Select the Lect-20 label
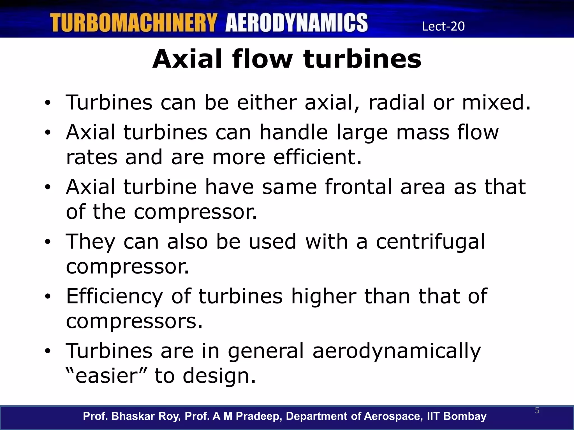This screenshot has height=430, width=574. [443, 26]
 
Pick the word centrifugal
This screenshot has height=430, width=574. [430, 242]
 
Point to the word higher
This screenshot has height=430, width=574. [324, 296]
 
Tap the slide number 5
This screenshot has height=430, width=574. [537, 411]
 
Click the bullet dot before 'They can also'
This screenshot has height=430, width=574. [48, 242]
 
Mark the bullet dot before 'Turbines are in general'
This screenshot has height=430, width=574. [48, 351]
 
